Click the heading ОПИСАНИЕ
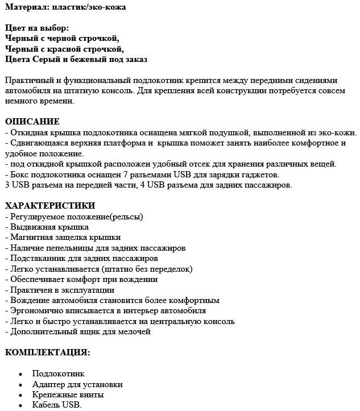point(32,122)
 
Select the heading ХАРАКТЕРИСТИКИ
point(50,205)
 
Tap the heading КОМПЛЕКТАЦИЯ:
point(47,352)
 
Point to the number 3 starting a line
point(7,185)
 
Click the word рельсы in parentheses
point(126,216)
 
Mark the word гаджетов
point(261,174)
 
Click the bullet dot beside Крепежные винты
point(20,395)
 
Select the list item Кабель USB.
point(57,405)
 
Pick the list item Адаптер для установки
point(77,384)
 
